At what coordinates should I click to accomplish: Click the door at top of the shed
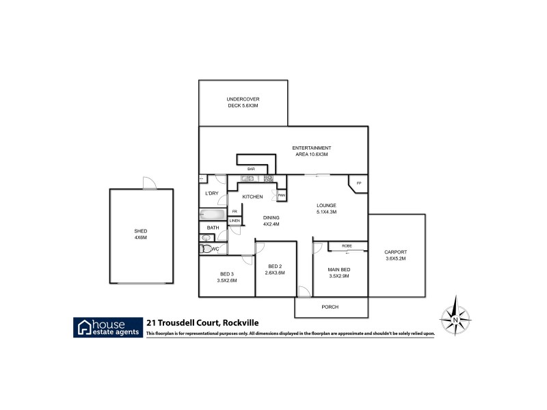[147, 183]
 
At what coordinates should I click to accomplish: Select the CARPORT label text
[395, 252]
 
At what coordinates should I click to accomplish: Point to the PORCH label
[330, 307]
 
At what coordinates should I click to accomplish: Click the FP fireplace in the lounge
[358, 184]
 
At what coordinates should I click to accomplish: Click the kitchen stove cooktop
[268, 179]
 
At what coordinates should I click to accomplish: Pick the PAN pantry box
[281, 196]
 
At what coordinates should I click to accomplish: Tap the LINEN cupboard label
[235, 221]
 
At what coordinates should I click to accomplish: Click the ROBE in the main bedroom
[346, 245]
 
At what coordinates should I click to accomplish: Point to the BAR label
[251, 169]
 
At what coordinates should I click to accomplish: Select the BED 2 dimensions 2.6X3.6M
[275, 273]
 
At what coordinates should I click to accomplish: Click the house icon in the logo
[85, 326]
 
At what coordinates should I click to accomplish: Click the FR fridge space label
[235, 211]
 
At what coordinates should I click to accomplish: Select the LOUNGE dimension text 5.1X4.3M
[325, 212]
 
